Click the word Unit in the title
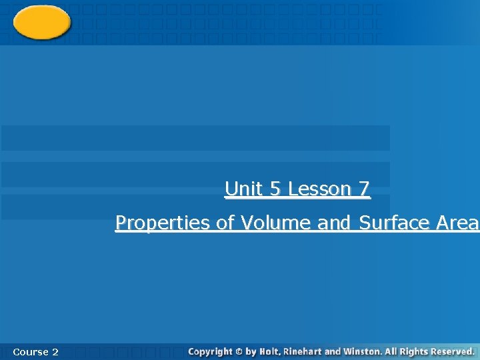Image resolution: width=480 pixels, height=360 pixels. coord(244,189)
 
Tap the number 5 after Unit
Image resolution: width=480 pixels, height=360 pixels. coord(275,189)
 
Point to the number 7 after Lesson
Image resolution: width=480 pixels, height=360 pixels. coord(363,189)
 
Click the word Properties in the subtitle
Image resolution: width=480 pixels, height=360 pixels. coord(163,223)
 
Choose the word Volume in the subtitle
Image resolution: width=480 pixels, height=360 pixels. coord(276,223)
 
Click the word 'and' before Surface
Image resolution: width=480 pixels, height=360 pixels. coord(334,223)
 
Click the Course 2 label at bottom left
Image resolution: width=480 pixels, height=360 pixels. coord(35,351)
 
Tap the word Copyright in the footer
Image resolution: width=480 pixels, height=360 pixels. coord(211,351)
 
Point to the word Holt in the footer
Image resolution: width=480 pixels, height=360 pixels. coord(271,351)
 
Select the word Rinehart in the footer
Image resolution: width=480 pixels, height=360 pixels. coord(303,351)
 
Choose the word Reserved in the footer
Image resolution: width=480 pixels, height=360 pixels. coord(453,351)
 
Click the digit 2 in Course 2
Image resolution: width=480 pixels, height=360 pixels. coord(55,351)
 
